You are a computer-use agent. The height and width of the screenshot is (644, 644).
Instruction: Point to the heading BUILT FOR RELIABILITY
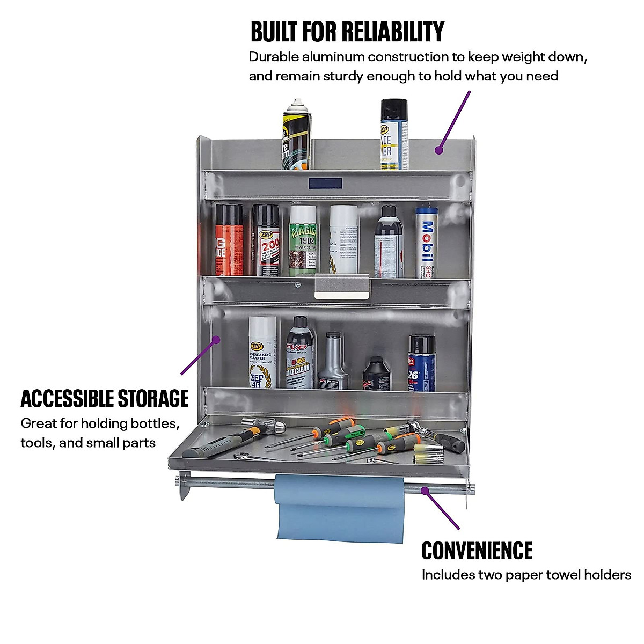coord(347,32)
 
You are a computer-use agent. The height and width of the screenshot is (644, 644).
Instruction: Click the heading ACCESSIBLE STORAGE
coord(105,399)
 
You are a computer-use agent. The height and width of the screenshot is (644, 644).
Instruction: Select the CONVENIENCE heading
coord(477,551)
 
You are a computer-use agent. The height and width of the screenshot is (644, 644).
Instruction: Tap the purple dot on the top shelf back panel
coord(439,150)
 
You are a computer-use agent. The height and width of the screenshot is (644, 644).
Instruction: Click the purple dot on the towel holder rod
coord(425,489)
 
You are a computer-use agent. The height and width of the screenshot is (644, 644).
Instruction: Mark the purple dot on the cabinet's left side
coord(216,339)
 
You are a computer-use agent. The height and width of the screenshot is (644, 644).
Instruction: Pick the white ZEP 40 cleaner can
coord(262,353)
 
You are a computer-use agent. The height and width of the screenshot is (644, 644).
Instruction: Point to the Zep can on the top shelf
coord(393,134)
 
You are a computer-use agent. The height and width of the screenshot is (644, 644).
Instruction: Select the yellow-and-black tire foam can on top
coord(297,134)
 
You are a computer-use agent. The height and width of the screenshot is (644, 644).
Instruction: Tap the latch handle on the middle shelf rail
coord(342,286)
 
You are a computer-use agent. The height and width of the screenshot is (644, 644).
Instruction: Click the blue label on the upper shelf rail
coord(325,183)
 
